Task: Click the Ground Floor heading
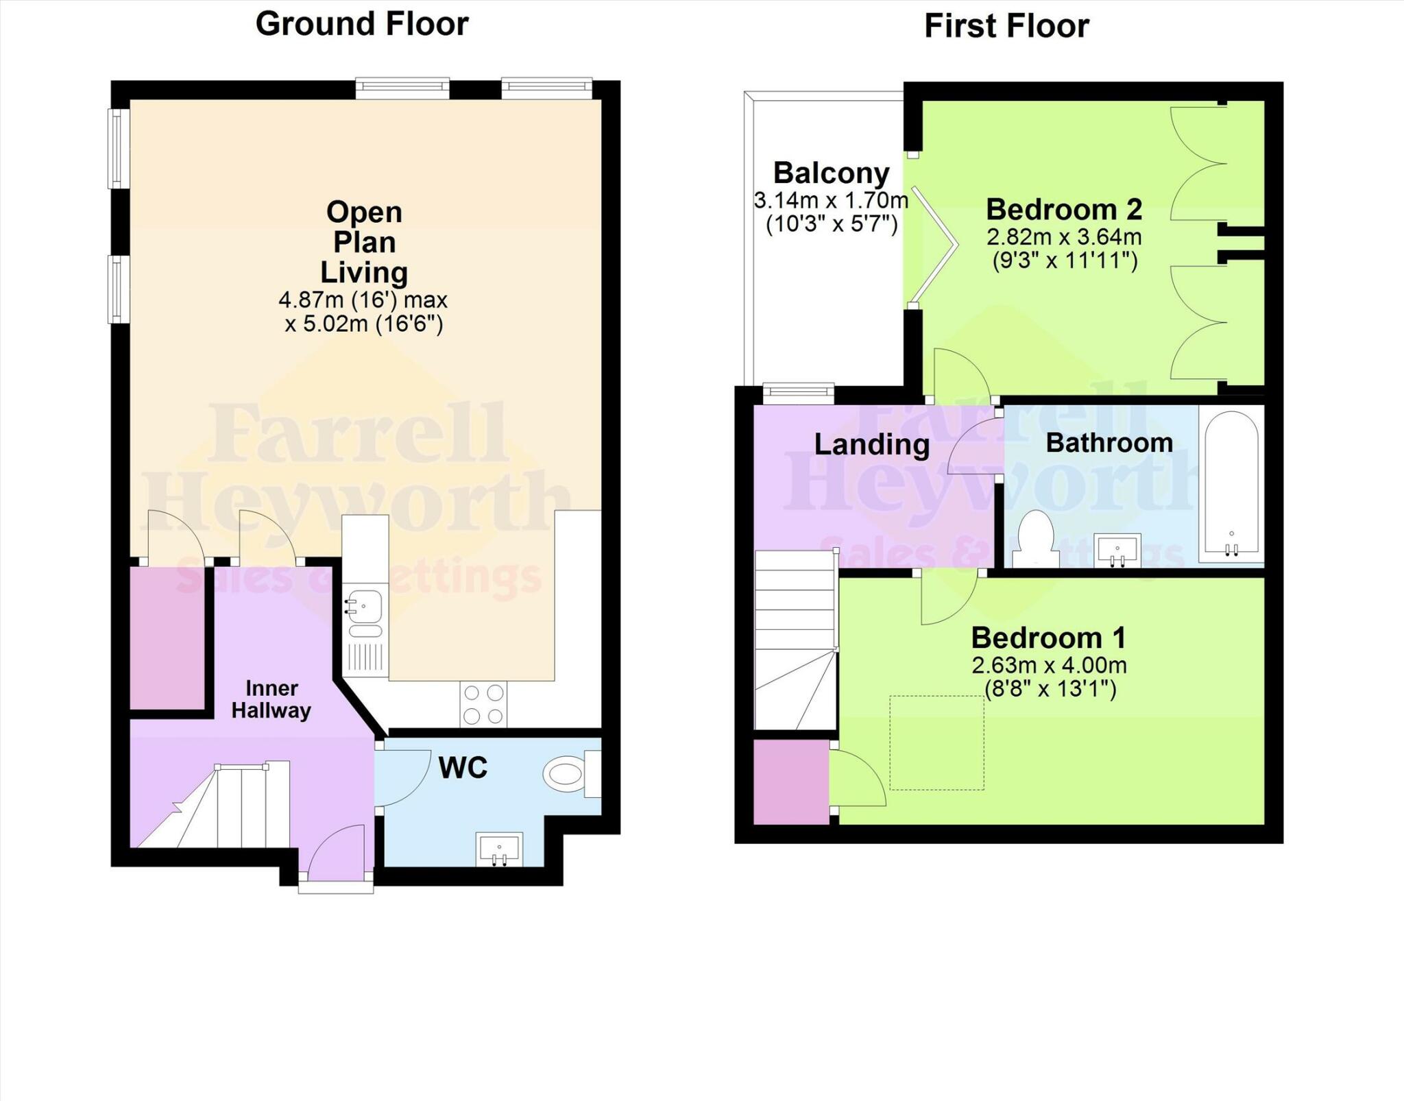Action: tap(361, 24)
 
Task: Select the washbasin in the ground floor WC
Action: tap(500, 850)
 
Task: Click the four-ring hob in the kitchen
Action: tap(484, 704)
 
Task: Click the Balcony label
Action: tap(831, 173)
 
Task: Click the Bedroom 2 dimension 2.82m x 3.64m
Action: tap(1063, 237)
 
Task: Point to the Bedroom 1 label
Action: tap(1048, 638)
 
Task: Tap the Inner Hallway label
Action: tap(271, 699)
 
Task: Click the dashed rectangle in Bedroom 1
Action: tap(936, 742)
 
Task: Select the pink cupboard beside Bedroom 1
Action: tap(790, 782)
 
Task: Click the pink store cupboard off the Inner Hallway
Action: tap(167, 638)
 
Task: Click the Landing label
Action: tap(871, 444)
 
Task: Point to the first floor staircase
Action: tap(795, 641)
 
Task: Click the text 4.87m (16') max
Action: tap(363, 300)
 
